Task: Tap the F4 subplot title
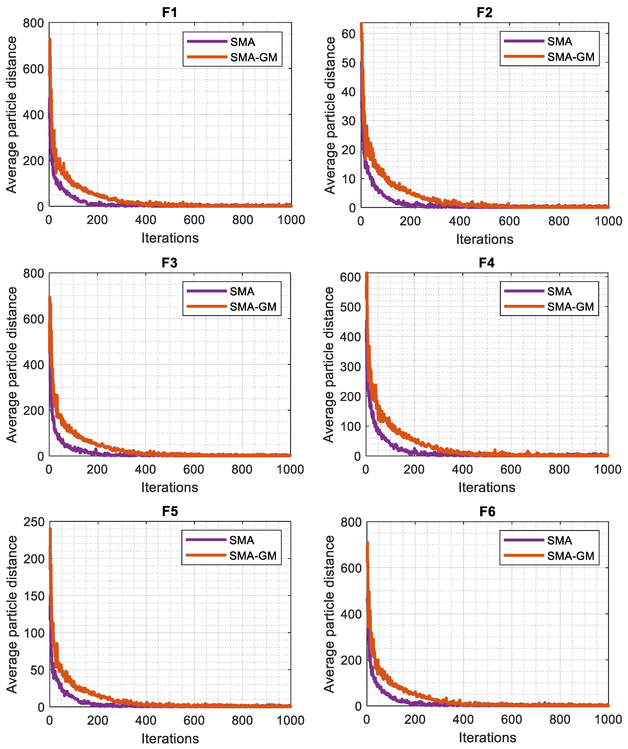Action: click(486, 263)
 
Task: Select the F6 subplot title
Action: click(487, 512)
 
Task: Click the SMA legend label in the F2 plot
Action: click(560, 42)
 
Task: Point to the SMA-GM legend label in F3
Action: click(253, 307)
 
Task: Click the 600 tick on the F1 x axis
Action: click(194, 220)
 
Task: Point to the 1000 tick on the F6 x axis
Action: click(608, 719)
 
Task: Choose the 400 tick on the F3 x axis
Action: click(145, 469)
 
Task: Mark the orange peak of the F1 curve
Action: click(50, 39)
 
